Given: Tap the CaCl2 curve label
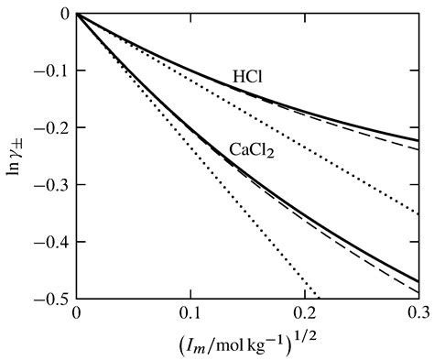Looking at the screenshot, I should point(253,147).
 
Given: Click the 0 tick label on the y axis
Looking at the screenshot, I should point(64,15).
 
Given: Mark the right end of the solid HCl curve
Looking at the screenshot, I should point(418,140).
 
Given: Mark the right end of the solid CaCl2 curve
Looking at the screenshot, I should point(418,280).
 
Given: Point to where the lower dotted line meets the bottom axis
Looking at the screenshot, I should point(315,298).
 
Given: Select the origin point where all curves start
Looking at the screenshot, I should point(78,15).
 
